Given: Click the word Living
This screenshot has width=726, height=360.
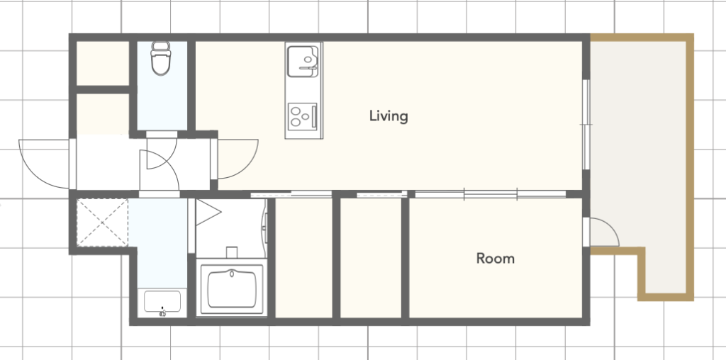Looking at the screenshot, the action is coord(389,116).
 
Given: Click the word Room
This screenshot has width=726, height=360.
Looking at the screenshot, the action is coord(496,258).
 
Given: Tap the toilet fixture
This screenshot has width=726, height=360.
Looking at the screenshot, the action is coord(161,58).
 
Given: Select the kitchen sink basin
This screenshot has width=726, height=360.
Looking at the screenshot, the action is coord(303,60).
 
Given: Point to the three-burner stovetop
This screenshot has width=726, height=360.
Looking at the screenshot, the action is coord(303,117).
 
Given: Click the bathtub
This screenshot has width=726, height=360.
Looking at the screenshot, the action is coord(232,288).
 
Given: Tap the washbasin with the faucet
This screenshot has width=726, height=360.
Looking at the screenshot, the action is coord(162,303).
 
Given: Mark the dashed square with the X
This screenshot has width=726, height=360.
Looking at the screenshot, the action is coord(102,223).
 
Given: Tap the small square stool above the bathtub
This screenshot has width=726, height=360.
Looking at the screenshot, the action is coord(232,253).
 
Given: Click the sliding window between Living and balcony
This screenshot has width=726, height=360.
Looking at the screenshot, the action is coord(586,125).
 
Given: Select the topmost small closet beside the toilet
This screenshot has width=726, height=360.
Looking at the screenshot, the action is coord(102,63).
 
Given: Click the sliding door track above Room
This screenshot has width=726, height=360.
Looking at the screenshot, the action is coord(491,195).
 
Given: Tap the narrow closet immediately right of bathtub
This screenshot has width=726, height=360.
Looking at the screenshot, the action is coord(303,258).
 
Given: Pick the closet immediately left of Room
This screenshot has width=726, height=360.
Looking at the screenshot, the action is coord(371,258).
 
